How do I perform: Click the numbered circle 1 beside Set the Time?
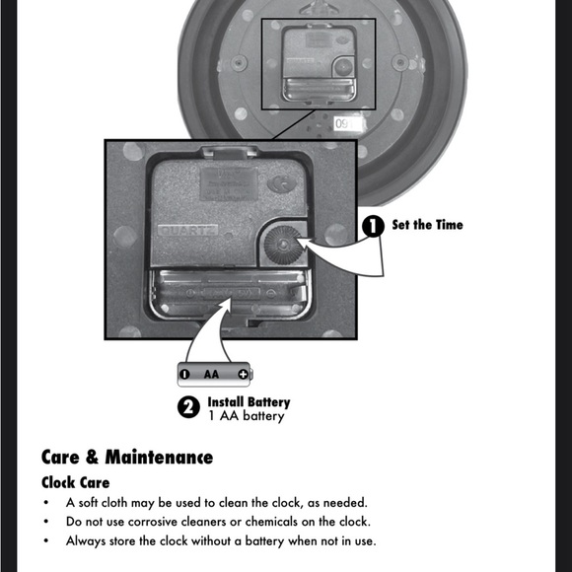point(373,226)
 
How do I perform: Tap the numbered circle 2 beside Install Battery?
point(188,407)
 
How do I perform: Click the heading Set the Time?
point(428,225)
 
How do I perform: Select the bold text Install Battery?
point(249,402)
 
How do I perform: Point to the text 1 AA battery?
point(247,416)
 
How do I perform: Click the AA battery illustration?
point(215,375)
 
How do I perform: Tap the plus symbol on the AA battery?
point(243,375)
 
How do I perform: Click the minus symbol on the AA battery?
point(185,375)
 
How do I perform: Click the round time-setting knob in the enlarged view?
point(283,245)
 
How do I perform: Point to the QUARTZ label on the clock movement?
point(187,231)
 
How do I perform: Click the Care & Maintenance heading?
point(127,457)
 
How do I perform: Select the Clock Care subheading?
point(76,482)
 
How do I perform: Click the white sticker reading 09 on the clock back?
point(347,124)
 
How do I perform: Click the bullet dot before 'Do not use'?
point(46,522)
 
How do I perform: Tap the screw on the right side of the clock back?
point(400,62)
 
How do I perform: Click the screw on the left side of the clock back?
point(239,63)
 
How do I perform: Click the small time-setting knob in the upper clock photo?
point(343,67)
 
